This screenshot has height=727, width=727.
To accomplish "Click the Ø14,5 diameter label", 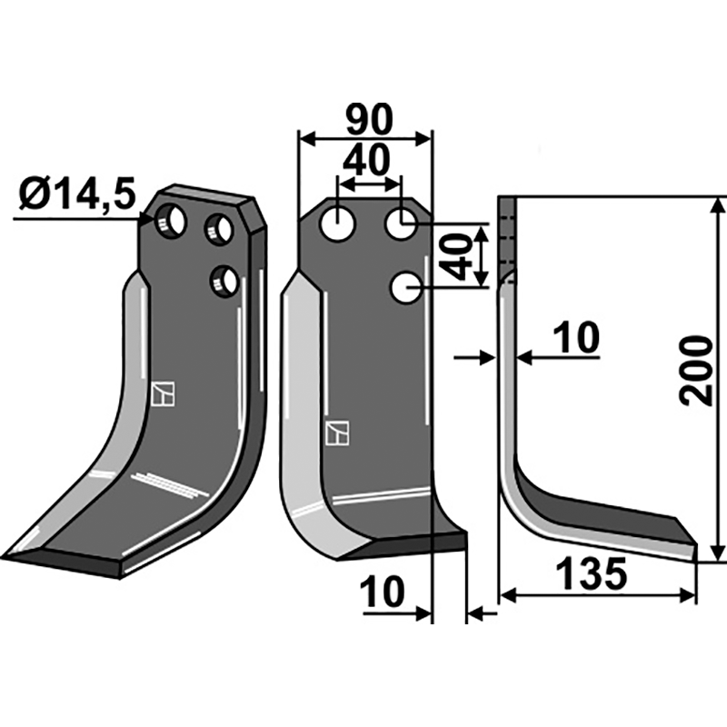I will click(x=76, y=194).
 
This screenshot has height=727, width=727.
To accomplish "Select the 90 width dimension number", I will click(x=368, y=119).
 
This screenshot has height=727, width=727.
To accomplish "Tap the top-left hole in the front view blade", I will click(x=337, y=223).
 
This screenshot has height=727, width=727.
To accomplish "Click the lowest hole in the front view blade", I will click(x=404, y=289).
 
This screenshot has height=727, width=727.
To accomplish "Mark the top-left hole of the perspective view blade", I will click(x=170, y=221).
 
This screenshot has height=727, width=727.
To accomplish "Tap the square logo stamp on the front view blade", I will click(x=336, y=433).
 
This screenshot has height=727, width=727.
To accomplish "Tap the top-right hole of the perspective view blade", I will click(x=218, y=228).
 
